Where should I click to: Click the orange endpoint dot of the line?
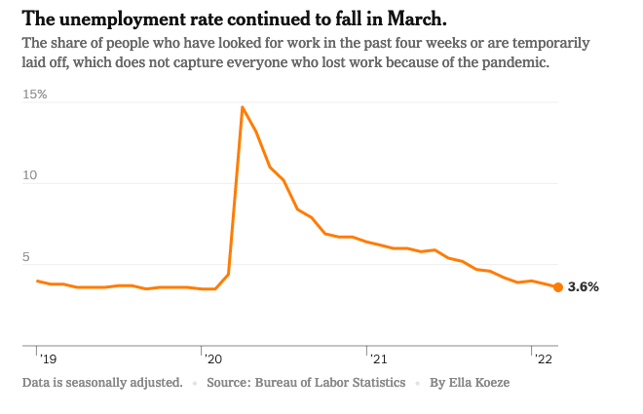(x=557, y=286)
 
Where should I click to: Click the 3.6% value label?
(x=583, y=287)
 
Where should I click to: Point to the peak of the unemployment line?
(x=242, y=106)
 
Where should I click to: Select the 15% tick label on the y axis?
(x=35, y=95)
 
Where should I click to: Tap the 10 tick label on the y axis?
(x=30, y=176)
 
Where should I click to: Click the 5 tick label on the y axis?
(x=28, y=257)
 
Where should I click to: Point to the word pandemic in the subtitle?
(x=517, y=62)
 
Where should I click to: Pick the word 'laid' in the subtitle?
(x=35, y=62)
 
